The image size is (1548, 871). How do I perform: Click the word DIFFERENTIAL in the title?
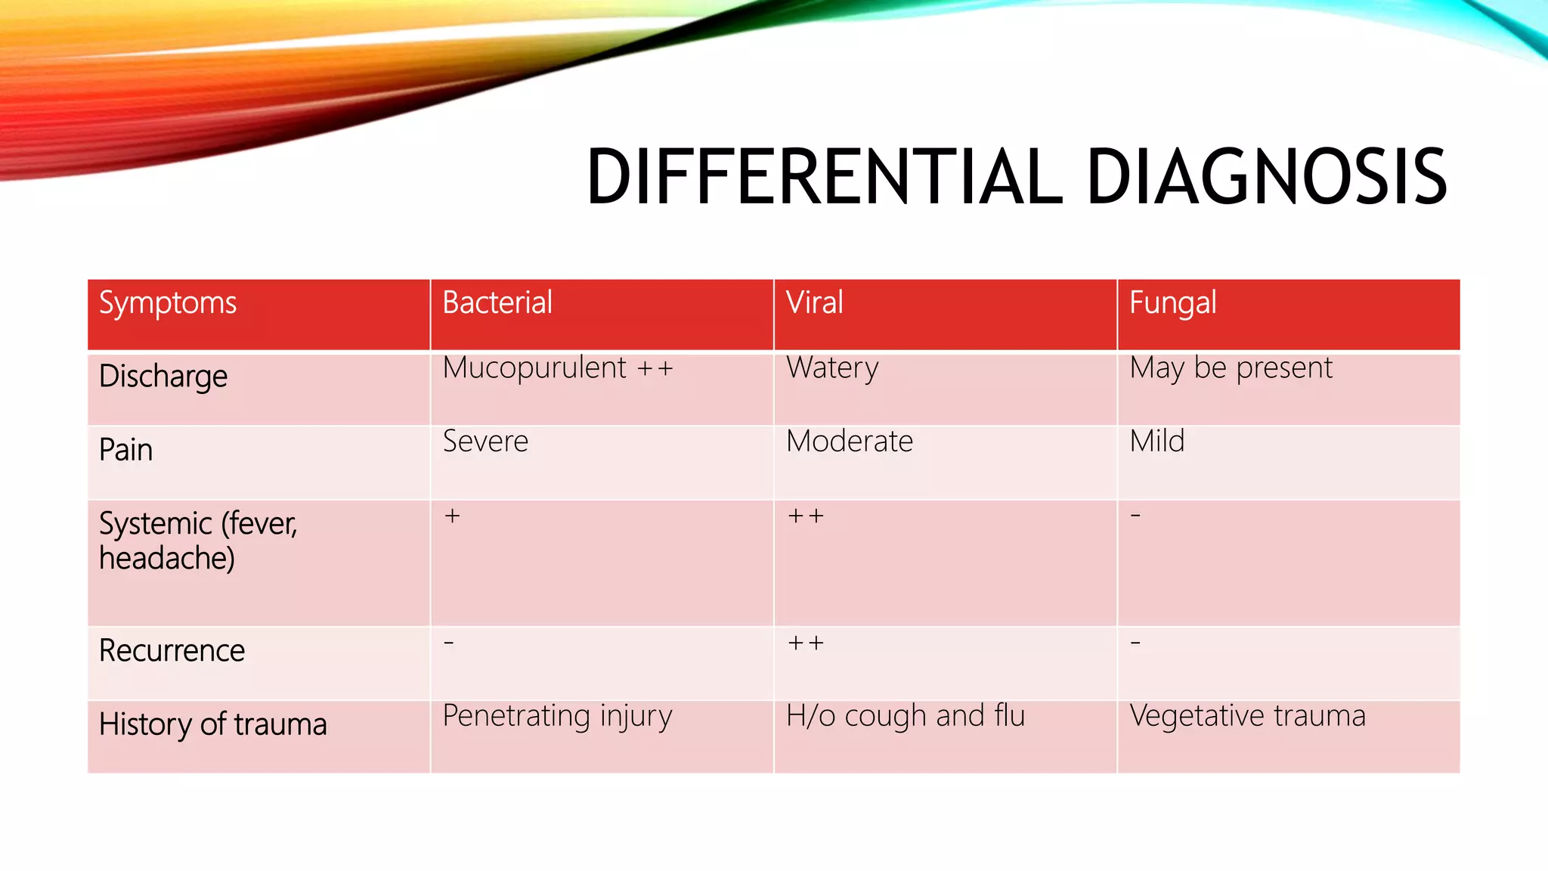(x=825, y=177)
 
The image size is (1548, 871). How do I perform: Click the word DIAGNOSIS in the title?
(x=1266, y=177)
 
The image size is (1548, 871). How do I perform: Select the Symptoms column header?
(x=168, y=303)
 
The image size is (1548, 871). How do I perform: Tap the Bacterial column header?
(x=497, y=302)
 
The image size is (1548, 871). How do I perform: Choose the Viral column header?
(x=814, y=302)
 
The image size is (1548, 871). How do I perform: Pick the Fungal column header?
(x=1172, y=303)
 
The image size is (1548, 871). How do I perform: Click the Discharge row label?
(x=163, y=377)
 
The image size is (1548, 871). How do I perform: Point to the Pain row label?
(x=126, y=450)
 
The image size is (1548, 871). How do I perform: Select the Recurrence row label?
(x=172, y=651)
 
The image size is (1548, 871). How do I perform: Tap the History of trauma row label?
(x=213, y=724)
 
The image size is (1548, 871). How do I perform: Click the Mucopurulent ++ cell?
(x=558, y=368)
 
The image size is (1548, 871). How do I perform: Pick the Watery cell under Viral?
(x=832, y=368)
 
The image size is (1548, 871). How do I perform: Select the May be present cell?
(x=1231, y=368)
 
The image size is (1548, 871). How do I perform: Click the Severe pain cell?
(x=485, y=442)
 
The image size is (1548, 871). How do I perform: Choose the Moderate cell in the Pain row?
(x=850, y=442)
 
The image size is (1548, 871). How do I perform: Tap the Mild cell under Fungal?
(x=1156, y=442)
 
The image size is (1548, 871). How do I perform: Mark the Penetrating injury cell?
(x=557, y=716)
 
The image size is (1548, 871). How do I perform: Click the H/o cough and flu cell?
(x=906, y=716)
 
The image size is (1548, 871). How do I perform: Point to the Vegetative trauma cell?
(x=1247, y=716)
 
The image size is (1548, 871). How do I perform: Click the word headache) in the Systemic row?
(x=167, y=559)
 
